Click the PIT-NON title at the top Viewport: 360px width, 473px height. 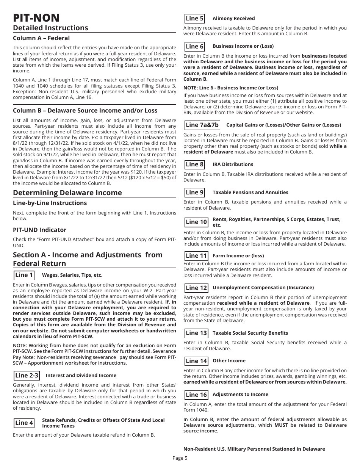pos(36,17)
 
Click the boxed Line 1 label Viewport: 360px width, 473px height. pos(24,275)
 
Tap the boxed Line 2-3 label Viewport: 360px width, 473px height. pos(27,376)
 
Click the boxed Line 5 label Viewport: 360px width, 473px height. pos(195,19)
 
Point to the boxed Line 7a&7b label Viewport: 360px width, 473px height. pos(202,125)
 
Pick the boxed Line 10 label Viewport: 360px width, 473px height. pos(196,222)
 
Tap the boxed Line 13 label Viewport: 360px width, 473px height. pos(196,333)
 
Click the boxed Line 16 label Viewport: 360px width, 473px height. pos(196,395)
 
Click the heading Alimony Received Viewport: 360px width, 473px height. pos(233,19)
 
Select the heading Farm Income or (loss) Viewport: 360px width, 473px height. pos(238,256)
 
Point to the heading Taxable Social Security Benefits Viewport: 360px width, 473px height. pos(250,333)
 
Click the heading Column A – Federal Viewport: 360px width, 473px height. pos(41,38)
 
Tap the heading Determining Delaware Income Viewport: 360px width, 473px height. pos(67,193)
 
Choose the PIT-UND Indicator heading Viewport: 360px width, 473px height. pos(39,230)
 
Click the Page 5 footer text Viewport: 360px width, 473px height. pos(180,458)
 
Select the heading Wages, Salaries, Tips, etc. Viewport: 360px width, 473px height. pos(72,275)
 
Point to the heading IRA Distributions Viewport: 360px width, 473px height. pos(233,164)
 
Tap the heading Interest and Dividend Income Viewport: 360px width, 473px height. pos(81,376)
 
